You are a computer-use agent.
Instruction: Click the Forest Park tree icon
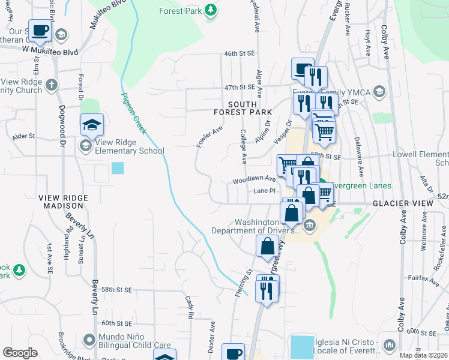tap(210, 10)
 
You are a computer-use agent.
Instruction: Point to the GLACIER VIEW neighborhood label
tap(402, 204)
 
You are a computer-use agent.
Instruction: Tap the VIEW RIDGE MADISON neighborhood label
tap(63, 201)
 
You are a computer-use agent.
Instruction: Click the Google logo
tap(20, 353)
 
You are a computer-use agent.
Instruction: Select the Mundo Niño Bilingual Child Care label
tap(136, 341)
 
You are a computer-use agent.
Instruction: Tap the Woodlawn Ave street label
tap(255, 179)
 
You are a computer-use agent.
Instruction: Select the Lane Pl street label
tap(264, 191)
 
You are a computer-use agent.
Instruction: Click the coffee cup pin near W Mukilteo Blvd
tap(40, 29)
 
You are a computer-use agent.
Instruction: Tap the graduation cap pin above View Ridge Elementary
tap(92, 124)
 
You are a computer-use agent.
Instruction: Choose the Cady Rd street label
tap(190, 306)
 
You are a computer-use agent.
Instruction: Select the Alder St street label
tap(24, 136)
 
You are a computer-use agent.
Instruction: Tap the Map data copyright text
tap(423, 355)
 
